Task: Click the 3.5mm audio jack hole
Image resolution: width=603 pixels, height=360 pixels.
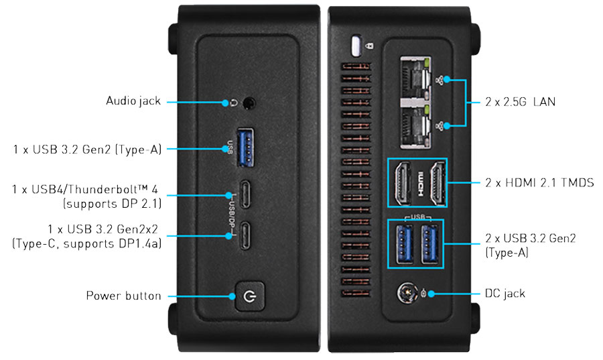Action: point(250,103)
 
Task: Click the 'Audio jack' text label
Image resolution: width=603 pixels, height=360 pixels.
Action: point(133,101)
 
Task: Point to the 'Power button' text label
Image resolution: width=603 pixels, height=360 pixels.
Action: point(123,296)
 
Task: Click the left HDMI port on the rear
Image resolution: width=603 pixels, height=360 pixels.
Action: point(401,182)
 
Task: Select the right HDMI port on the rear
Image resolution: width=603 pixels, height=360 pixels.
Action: point(435,182)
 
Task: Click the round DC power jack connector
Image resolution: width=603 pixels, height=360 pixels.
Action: point(406,294)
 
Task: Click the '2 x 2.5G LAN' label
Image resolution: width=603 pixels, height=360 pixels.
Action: point(520,103)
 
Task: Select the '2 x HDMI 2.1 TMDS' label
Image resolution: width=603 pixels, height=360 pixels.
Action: point(539,182)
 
